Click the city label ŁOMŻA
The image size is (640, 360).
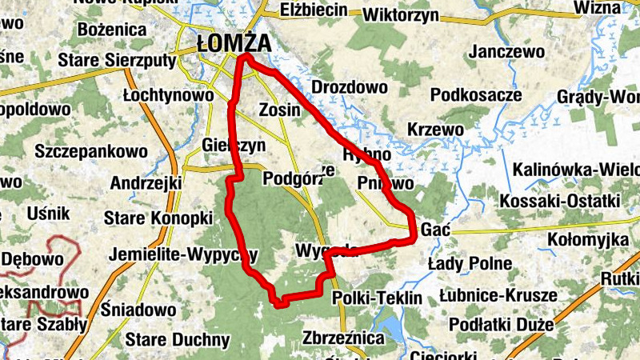click(234, 43)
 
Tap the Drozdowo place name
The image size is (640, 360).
click(349, 87)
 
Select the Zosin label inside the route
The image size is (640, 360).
click(280, 109)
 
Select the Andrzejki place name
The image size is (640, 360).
click(146, 183)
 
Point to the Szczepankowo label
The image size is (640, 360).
click(91, 150)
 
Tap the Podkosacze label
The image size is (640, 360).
click(476, 95)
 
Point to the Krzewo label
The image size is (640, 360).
click(435, 129)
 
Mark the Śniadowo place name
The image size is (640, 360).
click(139, 310)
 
